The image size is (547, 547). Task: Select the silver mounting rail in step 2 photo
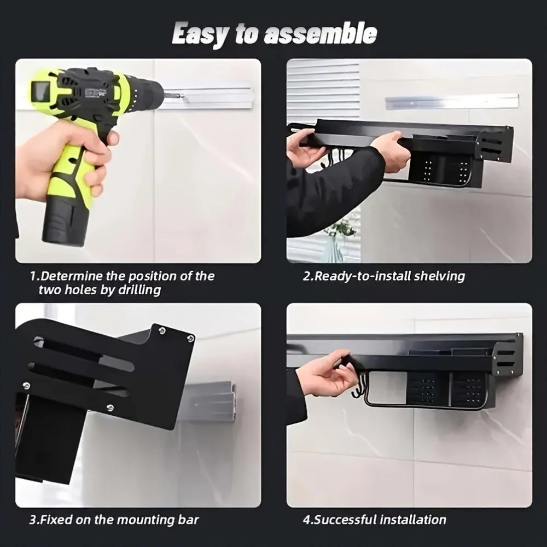point(451,101)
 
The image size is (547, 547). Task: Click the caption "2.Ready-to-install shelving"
point(384,276)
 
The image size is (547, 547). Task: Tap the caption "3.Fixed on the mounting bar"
point(114,519)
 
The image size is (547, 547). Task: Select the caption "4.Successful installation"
point(375,519)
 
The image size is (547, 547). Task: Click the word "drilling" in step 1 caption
point(139,290)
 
